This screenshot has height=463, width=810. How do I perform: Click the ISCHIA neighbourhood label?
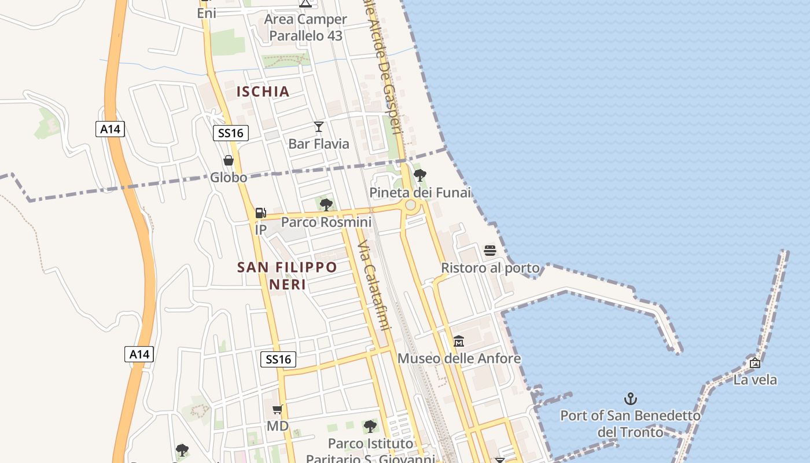tap(263, 91)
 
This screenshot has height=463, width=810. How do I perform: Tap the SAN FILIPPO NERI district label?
tap(287, 275)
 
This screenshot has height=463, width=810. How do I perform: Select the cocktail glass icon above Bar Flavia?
tap(318, 127)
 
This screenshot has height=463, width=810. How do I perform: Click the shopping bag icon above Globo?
tap(229, 160)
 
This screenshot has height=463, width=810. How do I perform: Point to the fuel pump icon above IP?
tap(260, 213)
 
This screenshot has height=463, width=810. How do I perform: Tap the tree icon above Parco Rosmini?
tap(326, 204)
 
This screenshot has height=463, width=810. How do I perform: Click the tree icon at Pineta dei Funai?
tap(420, 175)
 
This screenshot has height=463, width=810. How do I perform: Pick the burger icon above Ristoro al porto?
tap(490, 251)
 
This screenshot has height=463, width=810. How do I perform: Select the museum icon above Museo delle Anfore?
tap(459, 341)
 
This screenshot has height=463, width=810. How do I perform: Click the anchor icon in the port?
tap(630, 398)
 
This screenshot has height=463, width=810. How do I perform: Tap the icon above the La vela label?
tap(754, 363)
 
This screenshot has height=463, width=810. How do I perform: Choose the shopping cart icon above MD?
tap(277, 409)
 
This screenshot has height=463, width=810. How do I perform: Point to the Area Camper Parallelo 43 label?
tap(305, 27)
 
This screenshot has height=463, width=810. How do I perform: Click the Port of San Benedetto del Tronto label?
tap(630, 424)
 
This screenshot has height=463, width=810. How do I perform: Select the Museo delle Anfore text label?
tap(459, 359)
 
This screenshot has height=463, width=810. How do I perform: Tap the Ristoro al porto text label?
tap(490, 268)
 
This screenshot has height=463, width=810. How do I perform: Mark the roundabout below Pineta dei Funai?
tap(410, 205)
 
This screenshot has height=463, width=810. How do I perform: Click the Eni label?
tap(207, 13)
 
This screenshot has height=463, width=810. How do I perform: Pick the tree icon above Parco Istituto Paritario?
tap(370, 427)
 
